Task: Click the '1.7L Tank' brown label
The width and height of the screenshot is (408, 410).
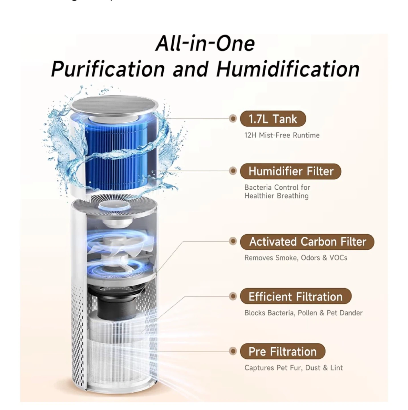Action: (273, 119)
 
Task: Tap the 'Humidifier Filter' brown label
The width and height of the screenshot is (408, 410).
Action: (290, 171)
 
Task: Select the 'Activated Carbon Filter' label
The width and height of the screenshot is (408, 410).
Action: (307, 242)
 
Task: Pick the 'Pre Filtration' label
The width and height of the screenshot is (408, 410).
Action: (283, 351)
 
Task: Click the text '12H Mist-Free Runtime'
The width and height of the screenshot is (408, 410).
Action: (282, 135)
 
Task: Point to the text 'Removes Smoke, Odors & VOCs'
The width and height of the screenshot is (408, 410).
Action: (296, 258)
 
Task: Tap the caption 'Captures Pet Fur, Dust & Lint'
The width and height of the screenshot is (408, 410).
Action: (294, 368)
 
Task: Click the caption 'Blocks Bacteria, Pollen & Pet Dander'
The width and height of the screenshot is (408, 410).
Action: (303, 313)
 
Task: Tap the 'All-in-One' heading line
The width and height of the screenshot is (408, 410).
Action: (205, 44)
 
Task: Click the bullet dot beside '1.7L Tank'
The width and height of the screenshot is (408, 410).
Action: (233, 119)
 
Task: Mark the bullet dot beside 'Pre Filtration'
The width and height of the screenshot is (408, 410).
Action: (233, 351)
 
